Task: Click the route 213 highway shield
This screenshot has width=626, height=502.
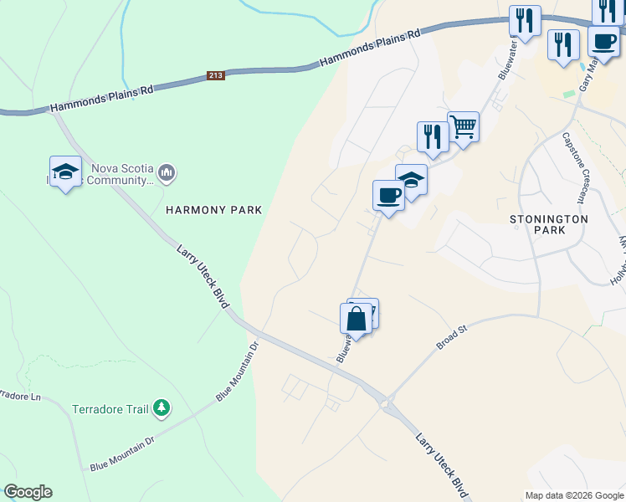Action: pyautogui.click(x=217, y=76)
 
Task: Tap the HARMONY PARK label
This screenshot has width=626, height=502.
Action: pyautogui.click(x=213, y=210)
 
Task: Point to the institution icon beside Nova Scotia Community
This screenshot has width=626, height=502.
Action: pyautogui.click(x=167, y=173)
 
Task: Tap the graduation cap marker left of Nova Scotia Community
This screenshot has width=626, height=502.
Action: pyautogui.click(x=65, y=172)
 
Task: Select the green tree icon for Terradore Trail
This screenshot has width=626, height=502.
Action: pyautogui.click(x=161, y=409)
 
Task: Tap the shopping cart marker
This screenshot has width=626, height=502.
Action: pyautogui.click(x=463, y=128)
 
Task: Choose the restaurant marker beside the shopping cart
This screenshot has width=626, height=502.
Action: pyautogui.click(x=433, y=137)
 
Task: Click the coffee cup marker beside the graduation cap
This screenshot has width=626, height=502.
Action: pyautogui.click(x=388, y=197)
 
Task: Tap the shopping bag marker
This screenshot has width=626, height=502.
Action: pyautogui.click(x=356, y=319)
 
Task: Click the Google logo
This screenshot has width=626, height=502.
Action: pyautogui.click(x=28, y=492)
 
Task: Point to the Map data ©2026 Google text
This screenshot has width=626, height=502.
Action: pyautogui.click(x=573, y=495)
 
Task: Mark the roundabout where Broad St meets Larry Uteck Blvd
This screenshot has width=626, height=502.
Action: pyautogui.click(x=387, y=405)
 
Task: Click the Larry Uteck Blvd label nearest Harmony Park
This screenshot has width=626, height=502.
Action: pyautogui.click(x=203, y=276)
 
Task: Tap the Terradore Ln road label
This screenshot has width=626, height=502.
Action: pyautogui.click(x=17, y=394)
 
